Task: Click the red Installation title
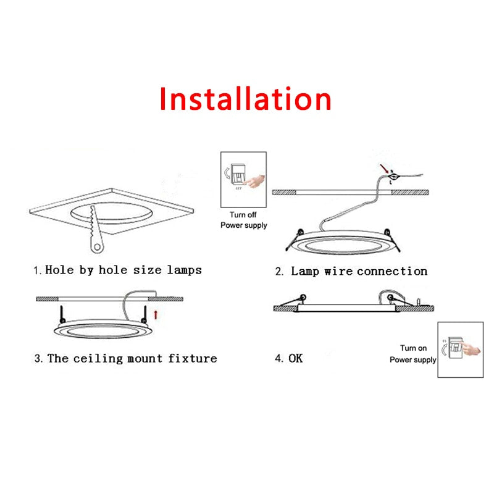tap(246, 99)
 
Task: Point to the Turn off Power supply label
tap(244, 220)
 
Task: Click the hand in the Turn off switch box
tap(254, 181)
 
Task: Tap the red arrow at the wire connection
tap(385, 169)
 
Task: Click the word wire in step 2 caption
tap(336, 271)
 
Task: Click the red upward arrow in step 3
tap(156, 314)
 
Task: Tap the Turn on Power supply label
tap(413, 354)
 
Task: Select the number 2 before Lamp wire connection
tap(279, 271)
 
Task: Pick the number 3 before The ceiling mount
tap(38, 358)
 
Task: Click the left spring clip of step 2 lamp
tap(295, 237)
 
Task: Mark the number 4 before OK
tap(278, 358)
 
